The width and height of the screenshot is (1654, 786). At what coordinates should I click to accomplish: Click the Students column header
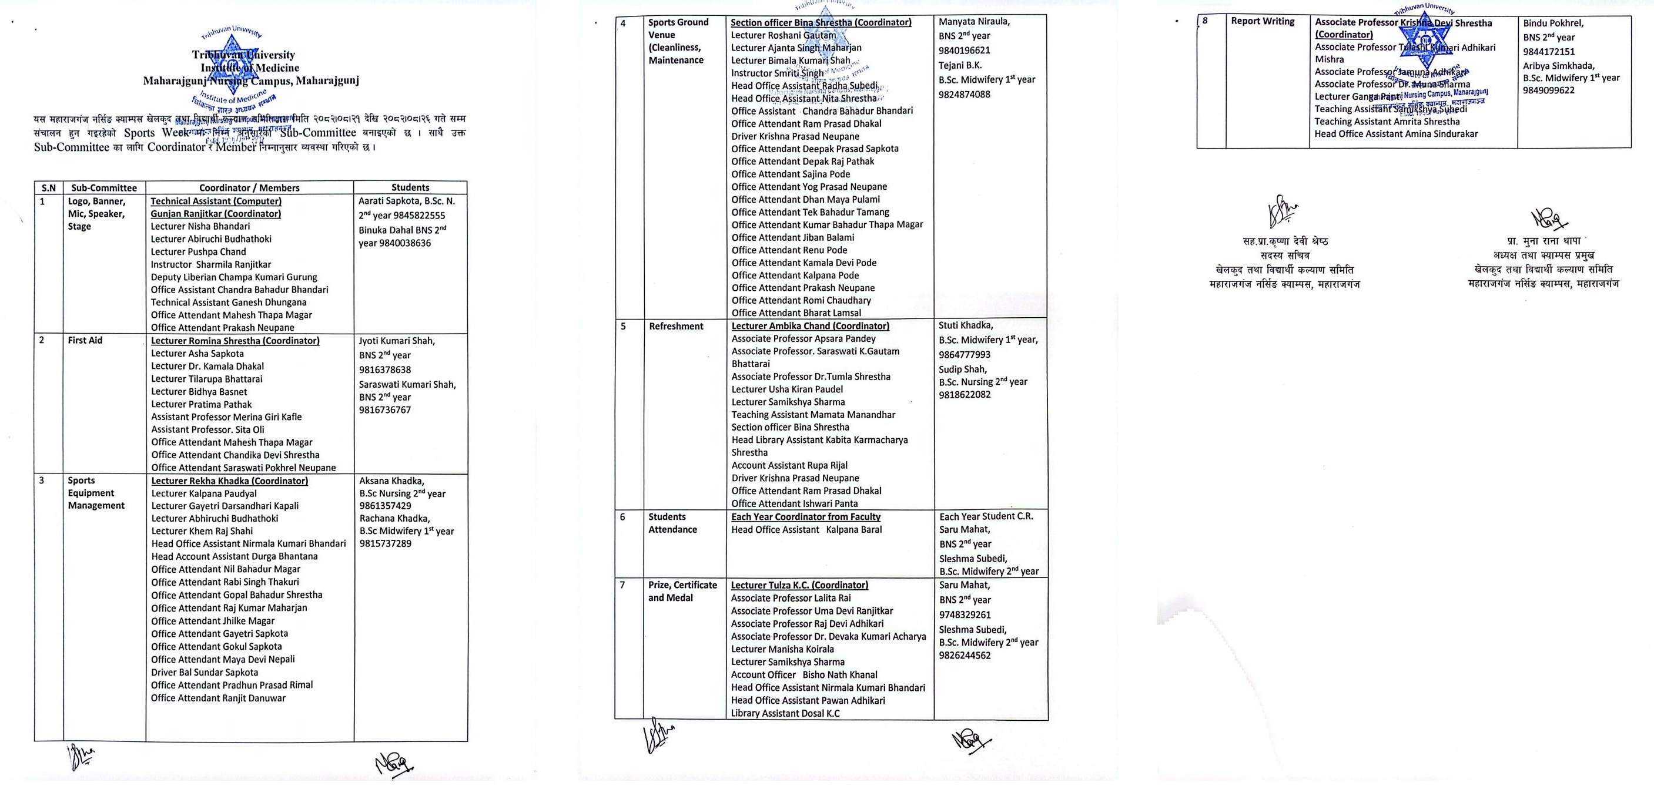pos(410,187)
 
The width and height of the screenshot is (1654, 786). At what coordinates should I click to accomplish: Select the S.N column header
pos(49,188)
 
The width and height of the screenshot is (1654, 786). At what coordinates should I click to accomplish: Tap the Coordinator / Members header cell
pos(249,188)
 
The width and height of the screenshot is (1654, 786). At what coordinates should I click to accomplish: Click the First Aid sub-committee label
pos(85,341)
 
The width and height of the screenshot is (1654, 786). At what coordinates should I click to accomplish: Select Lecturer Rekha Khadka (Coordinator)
pos(229,481)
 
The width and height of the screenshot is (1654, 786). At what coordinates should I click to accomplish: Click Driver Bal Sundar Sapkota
pos(204,673)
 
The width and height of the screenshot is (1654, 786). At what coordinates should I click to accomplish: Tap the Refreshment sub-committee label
pos(676,326)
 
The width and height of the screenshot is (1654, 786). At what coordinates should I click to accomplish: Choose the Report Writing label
pos(1263,21)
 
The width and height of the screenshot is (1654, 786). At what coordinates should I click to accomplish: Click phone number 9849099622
pos(1549,90)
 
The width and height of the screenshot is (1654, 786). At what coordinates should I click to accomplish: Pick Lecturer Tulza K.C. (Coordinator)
pos(799,585)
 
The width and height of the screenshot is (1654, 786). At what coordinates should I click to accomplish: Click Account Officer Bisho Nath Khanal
pos(804,674)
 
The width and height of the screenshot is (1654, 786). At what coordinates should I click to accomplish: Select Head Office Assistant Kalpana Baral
pos(806,529)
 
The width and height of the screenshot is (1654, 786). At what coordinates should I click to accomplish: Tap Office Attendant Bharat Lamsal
pos(796,313)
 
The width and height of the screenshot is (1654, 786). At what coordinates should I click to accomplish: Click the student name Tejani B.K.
pos(960,65)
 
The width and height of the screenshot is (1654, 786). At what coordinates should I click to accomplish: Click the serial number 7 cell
pos(622,585)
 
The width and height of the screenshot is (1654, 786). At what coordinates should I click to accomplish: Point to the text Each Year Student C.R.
pos(986,516)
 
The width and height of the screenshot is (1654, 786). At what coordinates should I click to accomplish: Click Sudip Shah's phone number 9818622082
pos(965,395)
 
